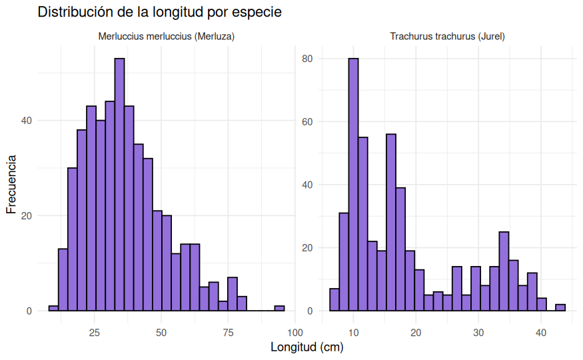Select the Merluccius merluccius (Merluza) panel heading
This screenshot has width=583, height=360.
167,37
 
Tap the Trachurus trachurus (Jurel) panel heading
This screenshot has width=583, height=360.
447,37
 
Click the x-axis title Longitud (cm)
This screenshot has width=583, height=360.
306,347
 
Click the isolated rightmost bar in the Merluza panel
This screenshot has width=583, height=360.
279,309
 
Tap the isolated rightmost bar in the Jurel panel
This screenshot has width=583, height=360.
560,307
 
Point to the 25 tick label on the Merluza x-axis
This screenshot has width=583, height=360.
95,333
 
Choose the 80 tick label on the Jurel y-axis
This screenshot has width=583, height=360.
306,59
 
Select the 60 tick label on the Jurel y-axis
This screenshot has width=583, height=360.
306,122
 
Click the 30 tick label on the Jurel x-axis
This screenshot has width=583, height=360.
478,333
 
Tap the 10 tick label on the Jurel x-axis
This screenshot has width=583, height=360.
353,333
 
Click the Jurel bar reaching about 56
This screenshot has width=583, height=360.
391,223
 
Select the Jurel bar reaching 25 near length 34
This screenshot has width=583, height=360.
504,271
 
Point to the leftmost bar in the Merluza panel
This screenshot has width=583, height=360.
53,309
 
